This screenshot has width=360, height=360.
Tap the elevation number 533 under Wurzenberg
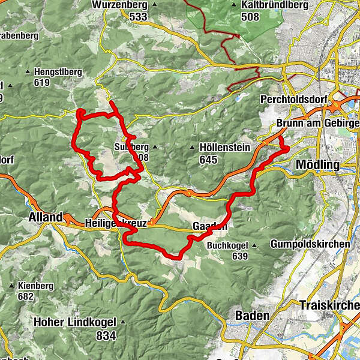[x=138, y=17]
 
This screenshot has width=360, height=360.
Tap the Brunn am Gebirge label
[x=317, y=124]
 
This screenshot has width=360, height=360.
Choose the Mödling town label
[x=317, y=164]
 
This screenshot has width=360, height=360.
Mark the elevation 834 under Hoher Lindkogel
[x=106, y=337]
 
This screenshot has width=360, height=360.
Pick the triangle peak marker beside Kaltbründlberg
[x=234, y=5]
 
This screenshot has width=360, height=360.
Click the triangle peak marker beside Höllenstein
[x=193, y=147]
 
